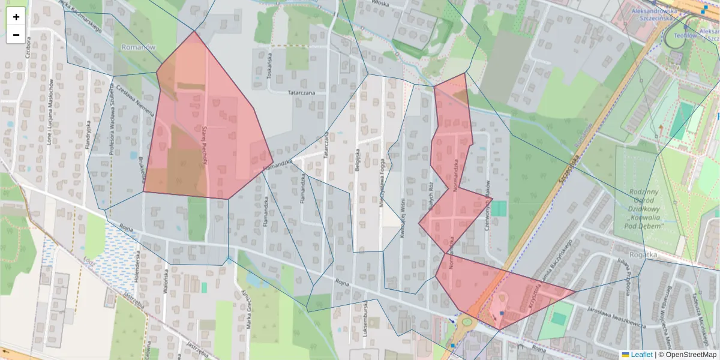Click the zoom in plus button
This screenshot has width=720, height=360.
click(x=16, y=17)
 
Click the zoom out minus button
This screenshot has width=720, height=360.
click(x=16, y=35)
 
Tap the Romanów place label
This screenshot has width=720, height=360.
click(x=139, y=47)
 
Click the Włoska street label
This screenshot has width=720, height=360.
click(x=380, y=4)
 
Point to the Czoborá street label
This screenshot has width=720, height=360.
click(x=28, y=61)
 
